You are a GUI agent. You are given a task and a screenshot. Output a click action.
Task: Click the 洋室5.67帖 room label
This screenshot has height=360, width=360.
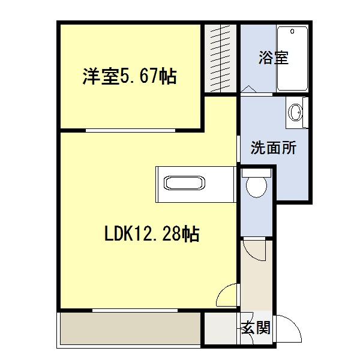tap(130, 77)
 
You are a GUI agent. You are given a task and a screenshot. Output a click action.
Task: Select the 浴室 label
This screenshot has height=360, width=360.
tap(274, 58)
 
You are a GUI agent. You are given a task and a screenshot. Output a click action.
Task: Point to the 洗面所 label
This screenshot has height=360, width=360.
tap(273, 148)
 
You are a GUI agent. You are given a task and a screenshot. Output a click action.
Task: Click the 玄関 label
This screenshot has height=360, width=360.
tap(256, 328)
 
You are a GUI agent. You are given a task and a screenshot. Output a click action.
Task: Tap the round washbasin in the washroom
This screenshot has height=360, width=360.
tap(295, 112)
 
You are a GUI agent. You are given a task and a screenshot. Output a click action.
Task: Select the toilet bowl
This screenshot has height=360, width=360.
tap(256, 186)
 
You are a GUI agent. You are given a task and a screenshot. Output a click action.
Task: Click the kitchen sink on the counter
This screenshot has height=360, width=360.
tap(184, 183)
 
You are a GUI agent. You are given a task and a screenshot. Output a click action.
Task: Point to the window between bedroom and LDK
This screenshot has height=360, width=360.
tap(130, 129)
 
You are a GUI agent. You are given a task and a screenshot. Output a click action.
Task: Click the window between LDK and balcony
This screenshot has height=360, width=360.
tap(135, 310)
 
